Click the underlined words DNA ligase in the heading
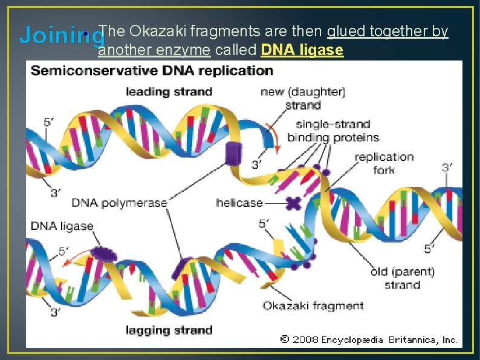[302, 50]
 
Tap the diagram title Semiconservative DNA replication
[152, 71]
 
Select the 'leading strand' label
[169, 92]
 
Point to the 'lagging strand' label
[169, 330]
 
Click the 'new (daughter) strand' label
[303, 99]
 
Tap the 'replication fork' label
[384, 163]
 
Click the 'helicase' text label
[239, 203]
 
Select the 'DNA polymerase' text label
[119, 203]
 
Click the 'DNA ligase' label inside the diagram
[62, 226]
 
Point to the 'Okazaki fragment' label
[313, 306]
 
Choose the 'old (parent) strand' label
[402, 278]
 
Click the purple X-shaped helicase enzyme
[294, 203]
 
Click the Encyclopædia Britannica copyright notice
[369, 340]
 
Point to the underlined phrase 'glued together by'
[388, 30]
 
